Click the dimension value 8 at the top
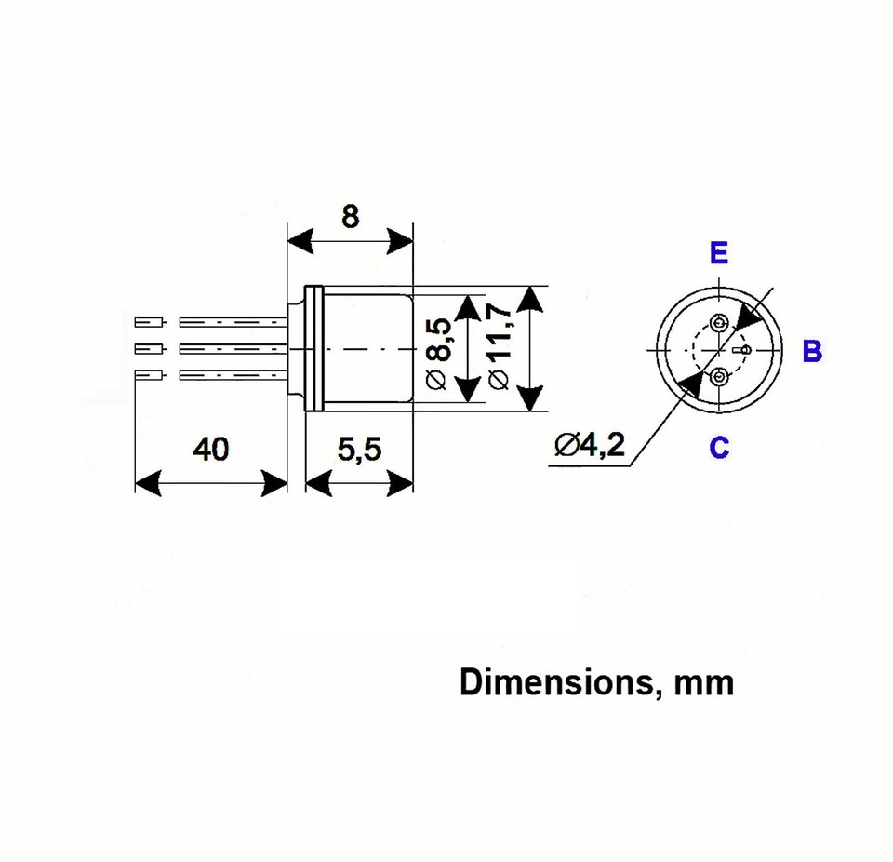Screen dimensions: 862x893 350,216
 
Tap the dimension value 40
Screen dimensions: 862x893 210,450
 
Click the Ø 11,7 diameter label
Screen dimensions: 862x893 498,350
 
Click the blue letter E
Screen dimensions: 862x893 719,254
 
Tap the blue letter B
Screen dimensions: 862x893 812,352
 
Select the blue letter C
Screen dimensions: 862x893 719,448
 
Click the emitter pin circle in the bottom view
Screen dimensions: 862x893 719,323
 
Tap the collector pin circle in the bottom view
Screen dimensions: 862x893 719,377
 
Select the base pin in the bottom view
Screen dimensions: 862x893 743,350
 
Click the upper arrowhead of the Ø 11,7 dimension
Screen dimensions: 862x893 530,300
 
